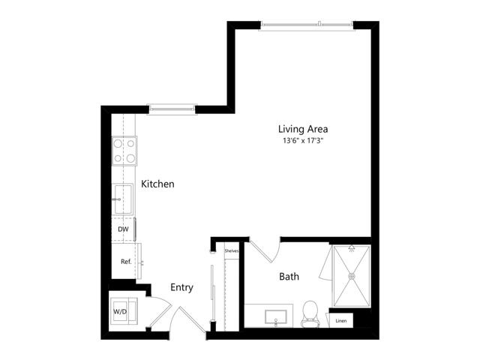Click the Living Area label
click(303, 129)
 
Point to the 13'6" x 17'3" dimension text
click(303, 141)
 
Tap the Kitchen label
click(157, 184)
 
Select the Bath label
click(289, 277)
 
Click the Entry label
click(181, 288)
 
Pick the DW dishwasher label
click(123, 229)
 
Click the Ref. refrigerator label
click(126, 262)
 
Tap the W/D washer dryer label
click(120, 312)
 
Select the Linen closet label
click(341, 321)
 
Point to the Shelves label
click(232, 250)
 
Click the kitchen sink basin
click(123, 199)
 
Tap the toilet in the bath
click(310, 314)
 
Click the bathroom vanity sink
click(276, 317)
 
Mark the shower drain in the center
click(352, 276)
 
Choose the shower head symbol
click(352, 248)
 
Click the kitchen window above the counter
click(172, 109)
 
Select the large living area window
click(307, 26)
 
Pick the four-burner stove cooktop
click(124, 151)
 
